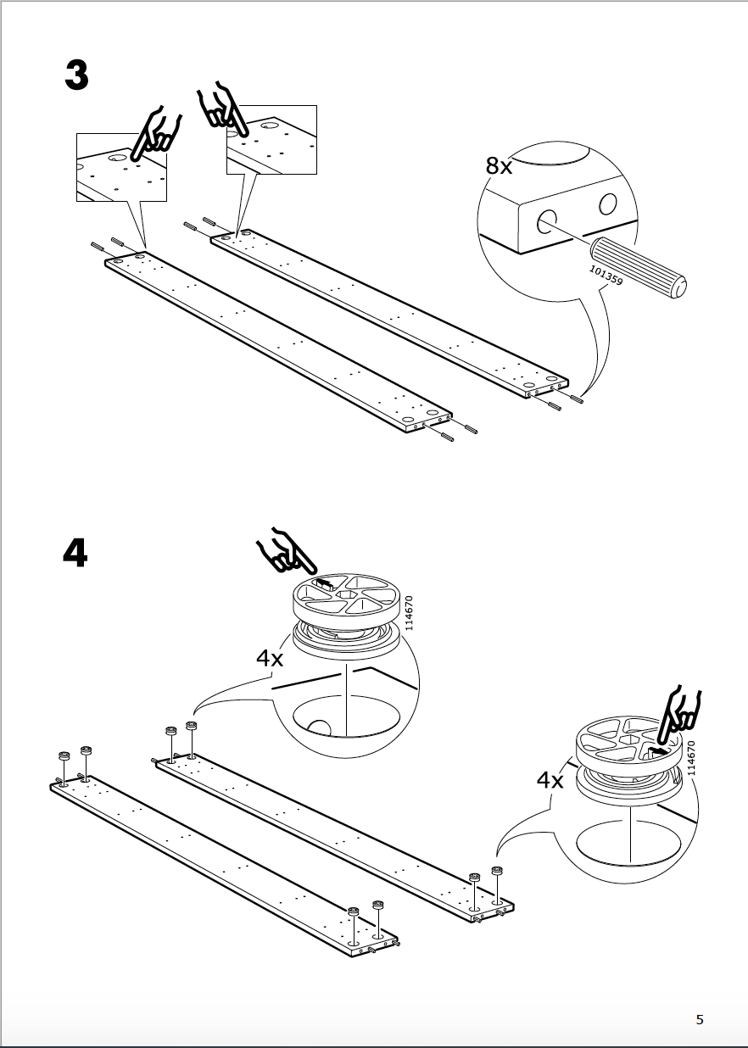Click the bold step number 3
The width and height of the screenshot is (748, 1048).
(76, 75)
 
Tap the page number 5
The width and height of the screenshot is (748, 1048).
(700, 1019)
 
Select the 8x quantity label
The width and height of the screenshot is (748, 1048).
(500, 166)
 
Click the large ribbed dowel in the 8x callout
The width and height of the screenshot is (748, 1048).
(640, 266)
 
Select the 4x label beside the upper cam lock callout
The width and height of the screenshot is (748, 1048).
(270, 658)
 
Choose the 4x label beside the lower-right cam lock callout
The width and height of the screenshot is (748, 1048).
(550, 779)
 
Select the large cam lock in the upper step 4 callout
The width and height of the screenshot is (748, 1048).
(347, 615)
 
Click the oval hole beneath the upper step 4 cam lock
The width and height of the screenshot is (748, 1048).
(346, 717)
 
